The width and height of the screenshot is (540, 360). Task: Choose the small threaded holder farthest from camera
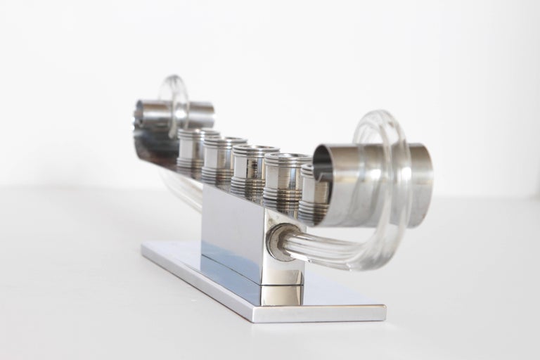(x=191, y=151)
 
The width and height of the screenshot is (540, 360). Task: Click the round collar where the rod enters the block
(x=281, y=243)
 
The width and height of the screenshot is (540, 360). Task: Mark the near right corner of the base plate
(x=383, y=309)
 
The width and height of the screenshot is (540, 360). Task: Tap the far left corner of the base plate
(x=144, y=246)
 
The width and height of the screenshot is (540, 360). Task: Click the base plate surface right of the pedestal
(x=337, y=295)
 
